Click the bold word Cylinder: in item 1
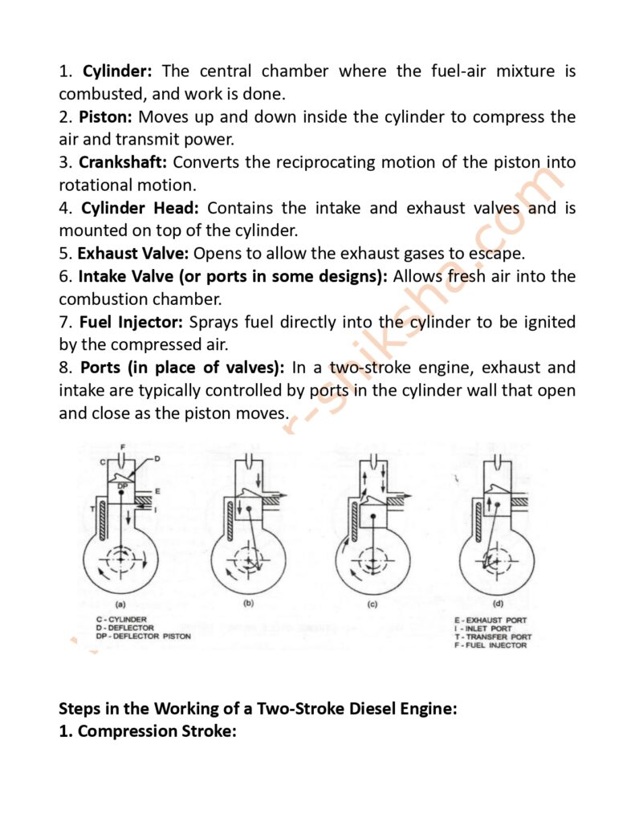coord(117,71)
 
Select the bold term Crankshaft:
coord(123,162)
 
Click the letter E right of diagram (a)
coord(158,490)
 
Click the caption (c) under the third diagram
coord(372,604)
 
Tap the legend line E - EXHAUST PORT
coord(488,620)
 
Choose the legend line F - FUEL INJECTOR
coord(490,645)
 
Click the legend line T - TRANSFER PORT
coord(492,637)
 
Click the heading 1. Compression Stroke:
coord(147,731)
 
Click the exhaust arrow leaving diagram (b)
coord(275,485)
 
